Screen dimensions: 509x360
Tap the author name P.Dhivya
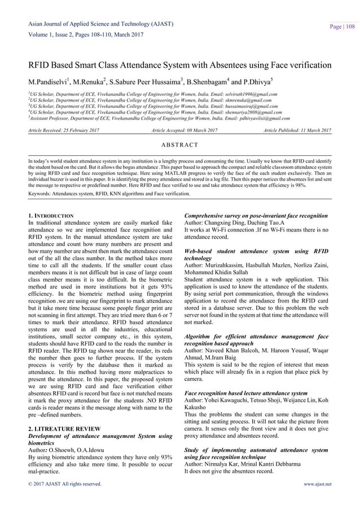tap(267, 76)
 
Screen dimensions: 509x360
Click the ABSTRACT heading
tap(180, 145)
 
